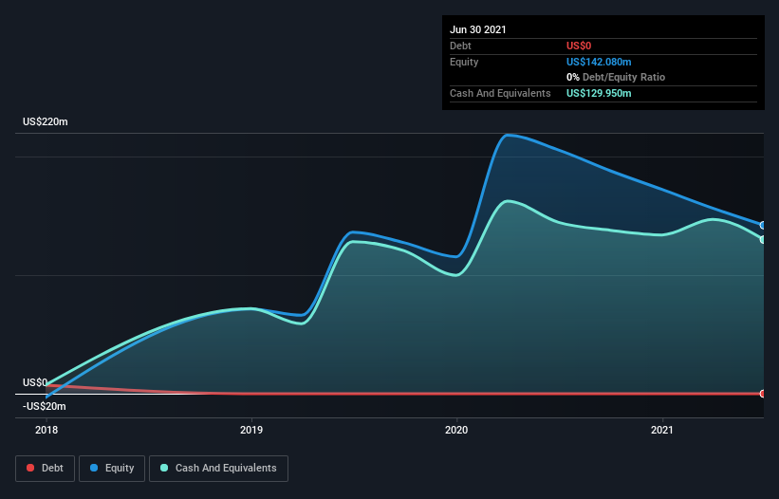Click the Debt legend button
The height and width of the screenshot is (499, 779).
[44, 468]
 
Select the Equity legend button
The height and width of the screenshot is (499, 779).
[112, 468]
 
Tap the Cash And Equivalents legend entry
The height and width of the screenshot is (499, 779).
[218, 468]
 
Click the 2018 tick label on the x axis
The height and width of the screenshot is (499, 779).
[46, 431]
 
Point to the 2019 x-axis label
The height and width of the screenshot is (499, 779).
[251, 431]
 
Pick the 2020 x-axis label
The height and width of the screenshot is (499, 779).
[457, 431]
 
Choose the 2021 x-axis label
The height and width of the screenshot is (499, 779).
[662, 431]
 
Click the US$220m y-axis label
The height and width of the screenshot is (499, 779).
[46, 122]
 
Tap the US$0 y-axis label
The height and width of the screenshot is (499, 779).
[35, 382]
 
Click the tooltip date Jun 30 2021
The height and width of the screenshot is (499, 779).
[478, 29]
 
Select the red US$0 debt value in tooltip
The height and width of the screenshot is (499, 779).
[580, 46]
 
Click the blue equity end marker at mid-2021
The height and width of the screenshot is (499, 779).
[762, 225]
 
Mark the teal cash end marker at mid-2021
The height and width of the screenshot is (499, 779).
[762, 239]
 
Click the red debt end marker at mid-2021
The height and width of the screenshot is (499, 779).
[762, 393]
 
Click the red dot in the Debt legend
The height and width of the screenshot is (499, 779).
[30, 468]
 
